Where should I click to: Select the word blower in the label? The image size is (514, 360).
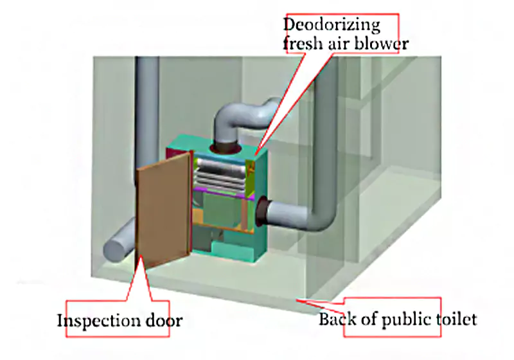click(385, 45)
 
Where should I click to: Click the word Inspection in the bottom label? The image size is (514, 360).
click(98, 320)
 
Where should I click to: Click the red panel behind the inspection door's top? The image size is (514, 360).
click(175, 153)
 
